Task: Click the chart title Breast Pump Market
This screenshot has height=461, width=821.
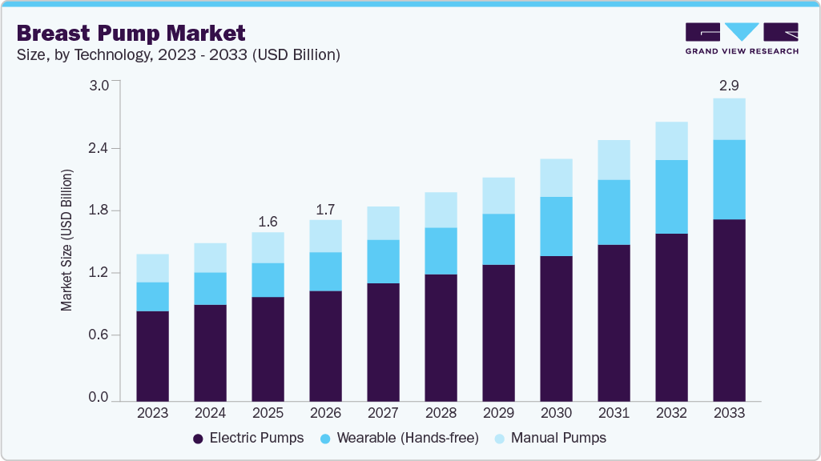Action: (131, 33)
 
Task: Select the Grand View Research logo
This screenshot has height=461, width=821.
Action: (741, 38)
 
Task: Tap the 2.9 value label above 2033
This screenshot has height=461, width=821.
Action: (729, 85)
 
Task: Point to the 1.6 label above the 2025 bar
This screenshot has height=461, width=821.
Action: (268, 221)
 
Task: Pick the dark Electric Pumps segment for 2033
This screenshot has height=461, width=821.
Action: (729, 309)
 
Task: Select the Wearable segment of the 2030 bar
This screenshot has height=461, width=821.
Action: (556, 226)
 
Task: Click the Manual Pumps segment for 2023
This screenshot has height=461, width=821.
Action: (152, 268)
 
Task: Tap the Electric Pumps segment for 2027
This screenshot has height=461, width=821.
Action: (383, 341)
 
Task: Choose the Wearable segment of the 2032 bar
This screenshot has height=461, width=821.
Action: (671, 197)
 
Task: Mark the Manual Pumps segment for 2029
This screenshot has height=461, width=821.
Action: (498, 195)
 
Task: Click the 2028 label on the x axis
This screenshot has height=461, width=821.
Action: (441, 413)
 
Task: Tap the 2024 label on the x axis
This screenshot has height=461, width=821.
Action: (210, 413)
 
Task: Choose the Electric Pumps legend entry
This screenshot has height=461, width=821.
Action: (248, 438)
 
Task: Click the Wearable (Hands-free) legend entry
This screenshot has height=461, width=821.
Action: (398, 438)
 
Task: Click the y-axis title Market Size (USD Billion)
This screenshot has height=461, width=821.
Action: (67, 240)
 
